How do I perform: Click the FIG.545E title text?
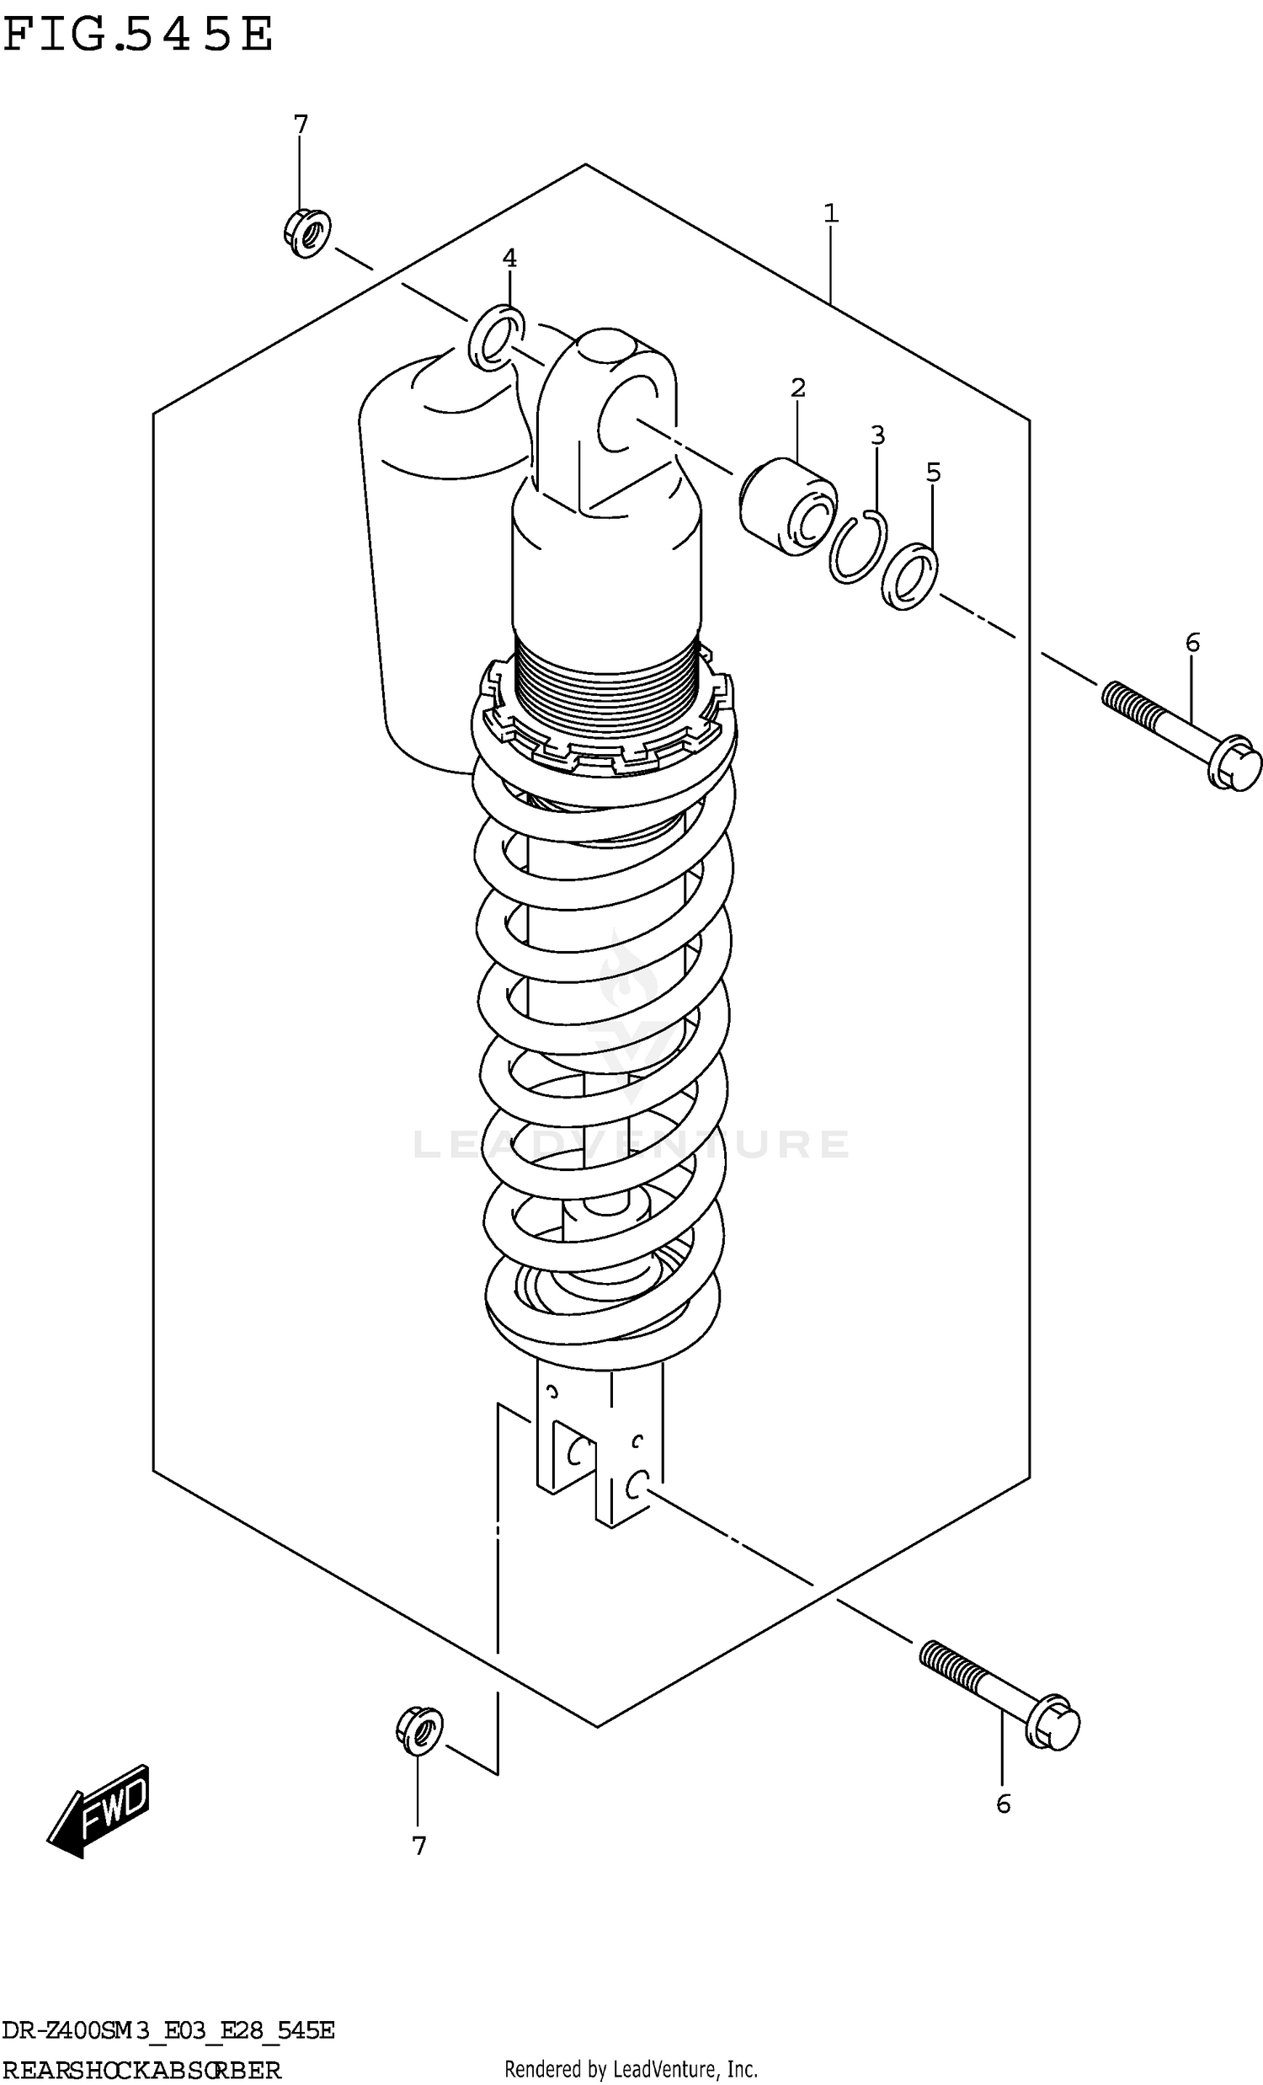(x=138, y=35)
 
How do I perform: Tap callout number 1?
(x=831, y=213)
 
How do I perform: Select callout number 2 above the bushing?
(x=797, y=388)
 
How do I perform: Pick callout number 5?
(x=933, y=472)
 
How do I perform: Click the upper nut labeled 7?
(x=307, y=231)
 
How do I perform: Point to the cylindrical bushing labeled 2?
(x=787, y=506)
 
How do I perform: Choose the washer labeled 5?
(x=909, y=578)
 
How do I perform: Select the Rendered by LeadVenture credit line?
(x=630, y=2070)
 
